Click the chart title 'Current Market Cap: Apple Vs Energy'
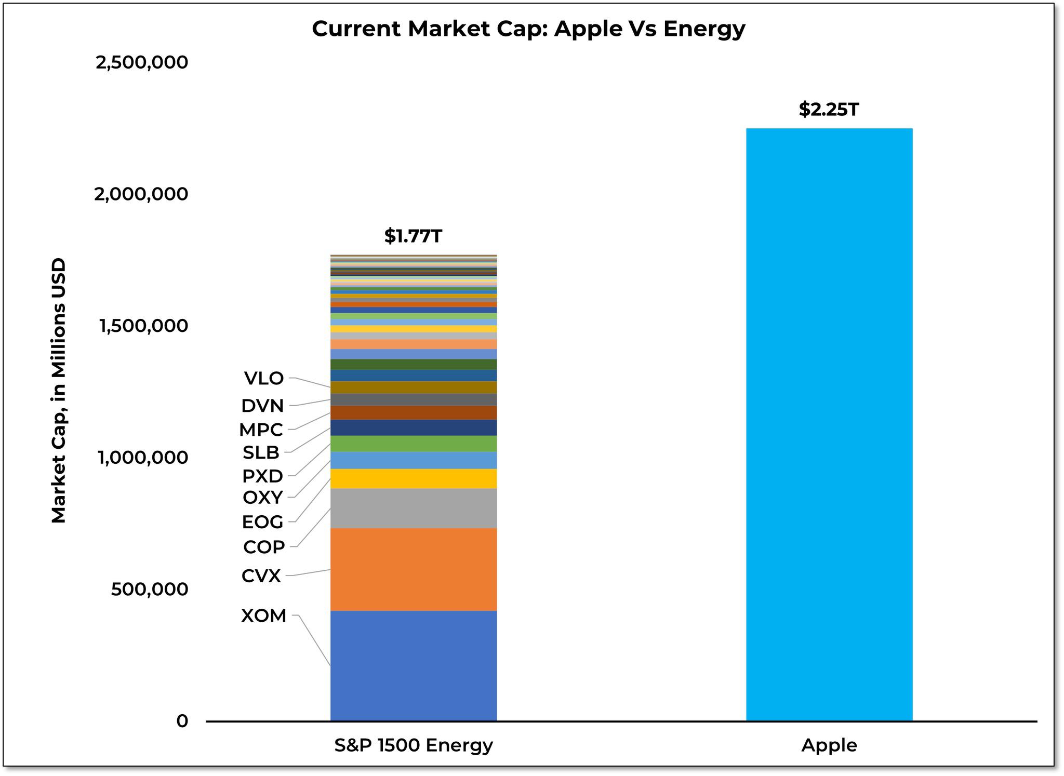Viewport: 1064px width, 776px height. pyautogui.click(x=528, y=29)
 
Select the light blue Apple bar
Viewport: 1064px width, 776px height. pyautogui.click(x=829, y=424)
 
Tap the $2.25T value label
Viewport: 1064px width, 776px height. pyautogui.click(x=829, y=110)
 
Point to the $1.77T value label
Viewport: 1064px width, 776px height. pyautogui.click(x=413, y=236)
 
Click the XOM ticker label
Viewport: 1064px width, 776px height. pyautogui.click(x=264, y=616)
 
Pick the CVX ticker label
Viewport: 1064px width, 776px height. pyautogui.click(x=261, y=576)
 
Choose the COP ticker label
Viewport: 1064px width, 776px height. pyautogui.click(x=264, y=547)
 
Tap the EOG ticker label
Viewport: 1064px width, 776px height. pyautogui.click(x=263, y=522)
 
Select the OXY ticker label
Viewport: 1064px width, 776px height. pyautogui.click(x=263, y=498)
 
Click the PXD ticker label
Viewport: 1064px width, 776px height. pyautogui.click(x=263, y=476)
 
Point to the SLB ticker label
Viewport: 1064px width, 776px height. pyautogui.click(x=261, y=453)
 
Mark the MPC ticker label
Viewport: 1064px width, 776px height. pyautogui.click(x=261, y=430)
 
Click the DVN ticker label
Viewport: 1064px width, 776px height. pyautogui.click(x=263, y=406)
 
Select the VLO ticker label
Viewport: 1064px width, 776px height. pyautogui.click(x=264, y=379)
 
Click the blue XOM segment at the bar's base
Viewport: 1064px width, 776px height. pyautogui.click(x=413, y=666)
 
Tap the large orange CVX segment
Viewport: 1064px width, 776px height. pyautogui.click(x=413, y=569)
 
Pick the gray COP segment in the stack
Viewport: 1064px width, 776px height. pyautogui.click(x=413, y=508)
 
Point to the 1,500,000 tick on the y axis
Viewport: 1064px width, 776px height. pyautogui.click(x=142, y=326)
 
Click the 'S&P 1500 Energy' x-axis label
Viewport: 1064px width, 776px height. pyautogui.click(x=413, y=745)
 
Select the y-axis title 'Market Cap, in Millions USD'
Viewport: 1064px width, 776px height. pyautogui.click(x=59, y=391)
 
